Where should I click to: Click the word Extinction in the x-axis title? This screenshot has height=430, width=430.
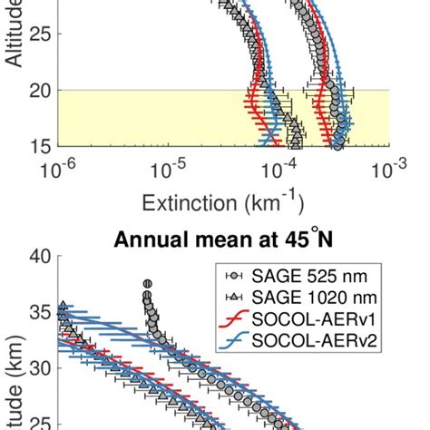click(x=181, y=198)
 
